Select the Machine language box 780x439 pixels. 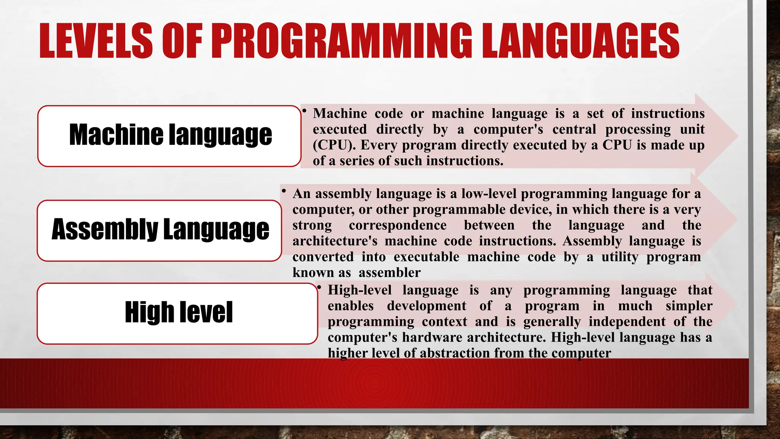[169, 136]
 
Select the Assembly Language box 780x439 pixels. [160, 230]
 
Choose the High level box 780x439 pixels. [177, 313]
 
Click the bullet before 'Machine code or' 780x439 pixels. [304, 111]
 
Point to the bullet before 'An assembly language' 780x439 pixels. [284, 191]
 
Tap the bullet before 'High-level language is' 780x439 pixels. [319, 287]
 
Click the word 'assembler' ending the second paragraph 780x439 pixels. [390, 272]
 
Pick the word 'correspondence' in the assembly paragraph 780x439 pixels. [398, 225]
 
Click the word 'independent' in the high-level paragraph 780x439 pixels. [627, 322]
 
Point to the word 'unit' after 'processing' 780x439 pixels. [692, 129]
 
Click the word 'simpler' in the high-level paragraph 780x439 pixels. [689, 306]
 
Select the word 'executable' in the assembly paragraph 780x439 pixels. [426, 257]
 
